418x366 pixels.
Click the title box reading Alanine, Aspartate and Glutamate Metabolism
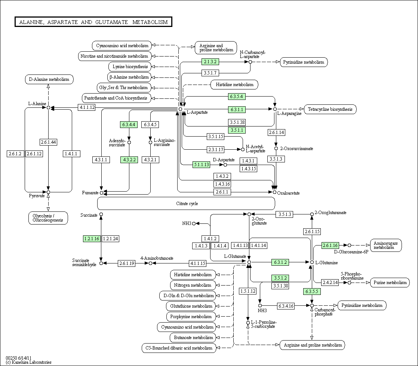93,22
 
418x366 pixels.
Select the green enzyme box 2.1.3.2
210,62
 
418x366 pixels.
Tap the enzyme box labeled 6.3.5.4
237,96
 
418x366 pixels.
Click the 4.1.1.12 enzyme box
87,107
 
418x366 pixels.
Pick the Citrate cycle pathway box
186,204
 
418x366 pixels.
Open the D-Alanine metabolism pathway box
49,79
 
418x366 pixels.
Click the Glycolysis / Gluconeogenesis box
48,218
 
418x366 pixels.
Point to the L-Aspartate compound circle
181,109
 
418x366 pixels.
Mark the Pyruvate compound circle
48,192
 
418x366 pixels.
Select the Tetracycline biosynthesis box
330,109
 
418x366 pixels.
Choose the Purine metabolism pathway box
390,283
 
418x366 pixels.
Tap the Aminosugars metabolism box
386,245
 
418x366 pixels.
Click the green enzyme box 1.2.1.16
92,238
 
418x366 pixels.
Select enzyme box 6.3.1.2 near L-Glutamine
280,262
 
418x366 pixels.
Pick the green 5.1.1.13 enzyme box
201,165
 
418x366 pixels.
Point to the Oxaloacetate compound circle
274,192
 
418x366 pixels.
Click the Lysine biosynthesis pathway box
130,67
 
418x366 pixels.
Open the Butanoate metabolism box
193,338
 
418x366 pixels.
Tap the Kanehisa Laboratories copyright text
28,362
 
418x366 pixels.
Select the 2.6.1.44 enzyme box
48,142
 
